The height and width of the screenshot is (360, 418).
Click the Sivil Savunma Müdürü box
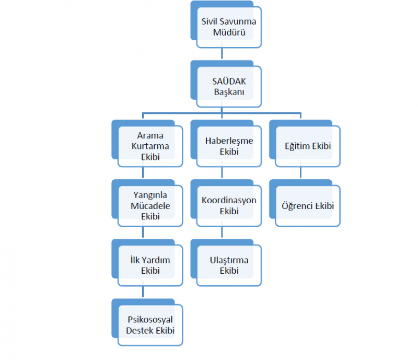click(228, 28)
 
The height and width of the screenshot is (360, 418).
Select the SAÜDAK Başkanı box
click(228, 87)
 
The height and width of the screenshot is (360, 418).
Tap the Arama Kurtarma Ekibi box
click(150, 146)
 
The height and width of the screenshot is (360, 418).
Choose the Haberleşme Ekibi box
click(229, 146)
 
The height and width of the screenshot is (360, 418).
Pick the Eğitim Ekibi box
click(308, 146)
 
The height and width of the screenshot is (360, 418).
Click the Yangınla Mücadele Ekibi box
click(150, 206)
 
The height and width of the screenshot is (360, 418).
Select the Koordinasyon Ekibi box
click(229, 206)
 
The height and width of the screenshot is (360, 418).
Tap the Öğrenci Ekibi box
click(308, 206)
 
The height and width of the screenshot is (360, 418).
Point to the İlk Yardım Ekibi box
click(150, 265)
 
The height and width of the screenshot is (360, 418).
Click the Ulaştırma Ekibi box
click(229, 265)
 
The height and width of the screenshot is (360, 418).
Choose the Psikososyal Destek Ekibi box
click(150, 325)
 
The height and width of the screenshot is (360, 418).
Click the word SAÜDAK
click(229, 82)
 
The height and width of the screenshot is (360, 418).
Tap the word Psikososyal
click(150, 320)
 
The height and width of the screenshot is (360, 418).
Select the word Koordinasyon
click(229, 201)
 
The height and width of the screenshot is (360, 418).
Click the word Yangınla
click(150, 195)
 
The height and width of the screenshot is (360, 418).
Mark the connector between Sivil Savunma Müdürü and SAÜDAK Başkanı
click(223, 53)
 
